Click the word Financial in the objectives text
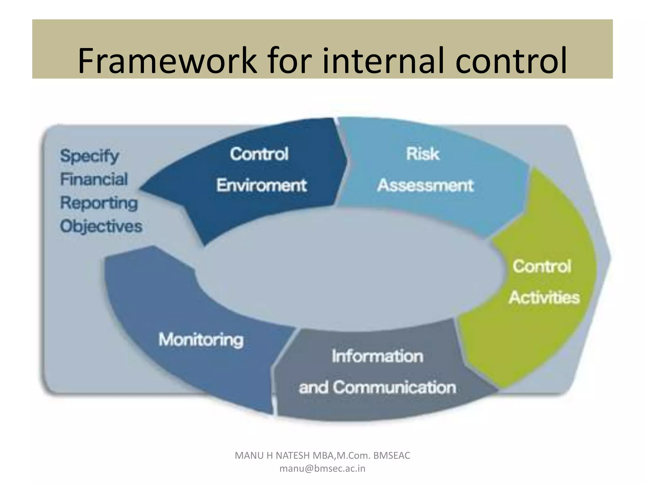(x=94, y=179)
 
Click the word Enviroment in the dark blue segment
(x=261, y=185)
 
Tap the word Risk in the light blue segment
(x=422, y=154)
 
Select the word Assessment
(x=425, y=185)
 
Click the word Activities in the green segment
(x=544, y=297)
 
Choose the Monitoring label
(x=201, y=340)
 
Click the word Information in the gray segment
(x=377, y=356)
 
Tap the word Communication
(x=394, y=387)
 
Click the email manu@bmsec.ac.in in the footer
(x=322, y=469)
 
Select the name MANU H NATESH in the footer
(x=272, y=456)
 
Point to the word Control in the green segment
(x=542, y=267)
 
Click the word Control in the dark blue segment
(x=259, y=154)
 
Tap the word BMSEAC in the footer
(x=392, y=456)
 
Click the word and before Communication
(x=313, y=387)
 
